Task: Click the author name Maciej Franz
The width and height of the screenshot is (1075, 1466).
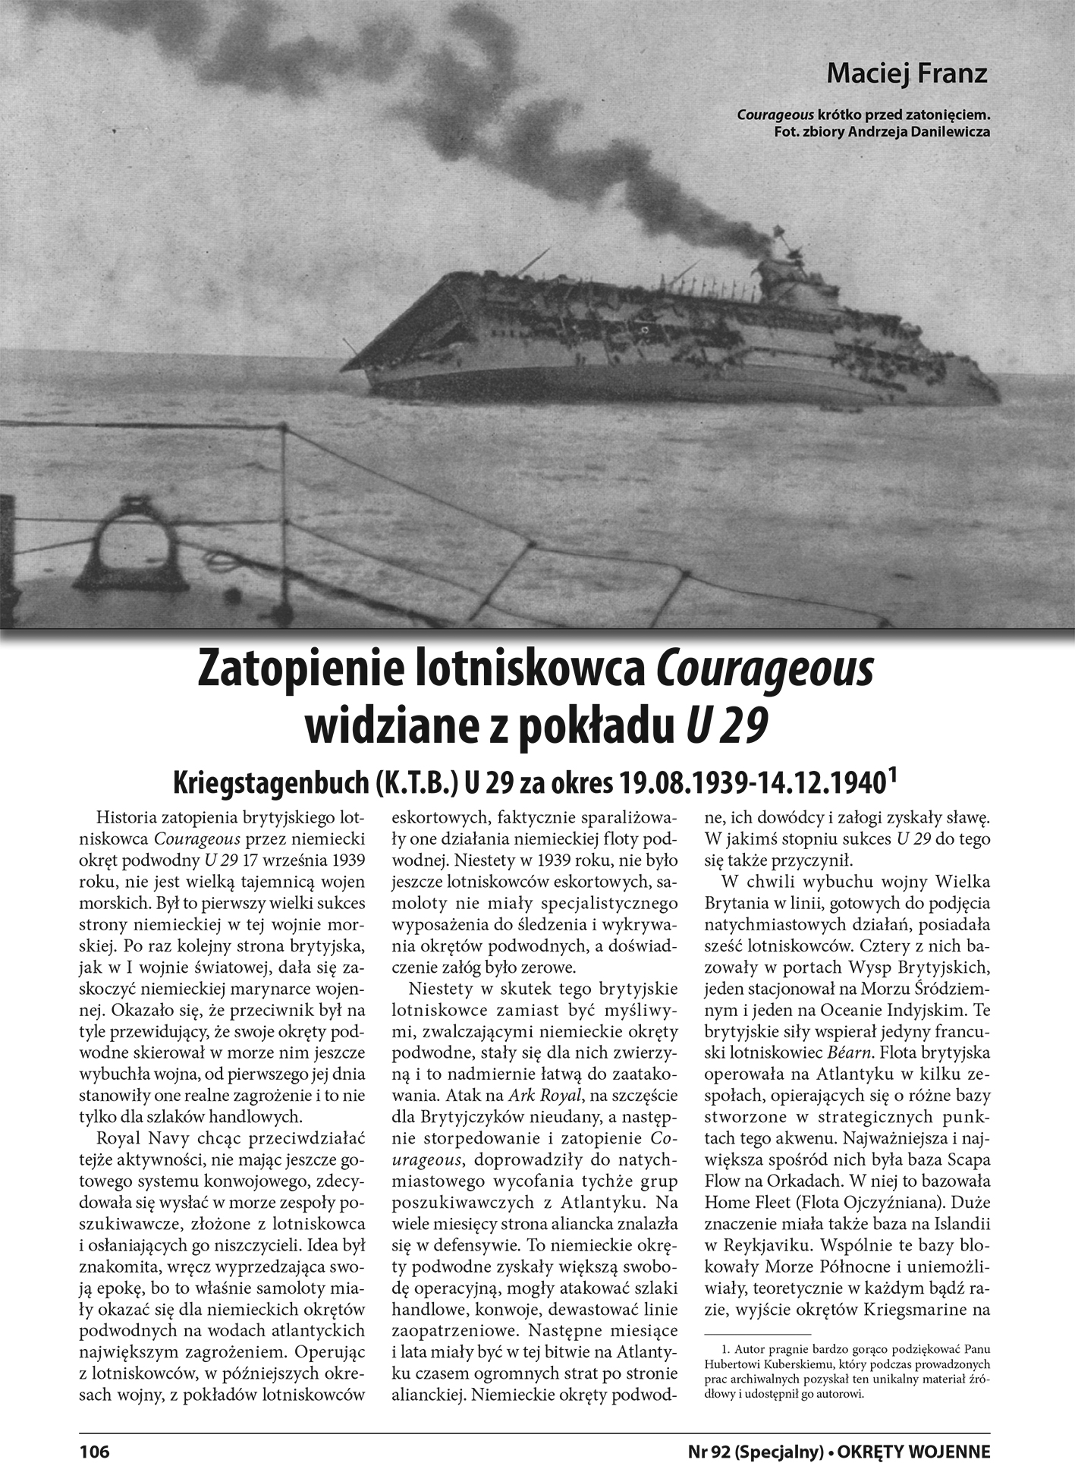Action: click(x=907, y=74)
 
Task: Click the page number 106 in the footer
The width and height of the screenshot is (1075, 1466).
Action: click(x=95, y=1451)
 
